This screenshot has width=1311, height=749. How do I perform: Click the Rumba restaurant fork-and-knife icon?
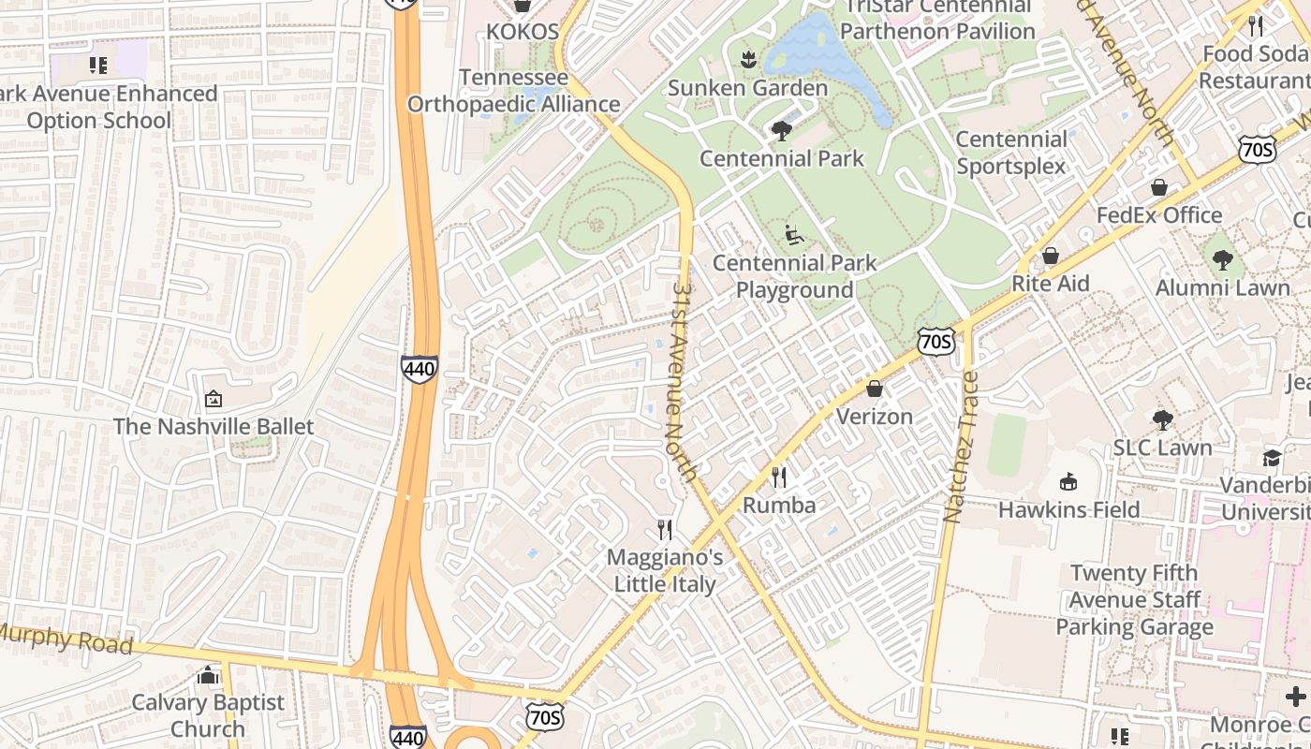(x=779, y=477)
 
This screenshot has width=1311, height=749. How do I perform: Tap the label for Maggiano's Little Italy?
(x=665, y=570)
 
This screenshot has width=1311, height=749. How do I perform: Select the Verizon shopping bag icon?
(x=875, y=388)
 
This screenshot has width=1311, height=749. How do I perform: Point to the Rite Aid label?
(x=1050, y=283)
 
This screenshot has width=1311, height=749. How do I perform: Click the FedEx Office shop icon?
(x=1159, y=187)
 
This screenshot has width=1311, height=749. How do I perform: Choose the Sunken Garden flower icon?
(x=747, y=61)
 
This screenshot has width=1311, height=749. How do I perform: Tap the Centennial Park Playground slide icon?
(x=793, y=235)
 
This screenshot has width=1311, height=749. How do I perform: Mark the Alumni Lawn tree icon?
(x=1222, y=259)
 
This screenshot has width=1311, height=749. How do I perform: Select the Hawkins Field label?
(x=1068, y=509)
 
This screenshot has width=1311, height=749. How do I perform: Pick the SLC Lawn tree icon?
(x=1162, y=419)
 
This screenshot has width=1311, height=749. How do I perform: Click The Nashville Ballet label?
(x=214, y=426)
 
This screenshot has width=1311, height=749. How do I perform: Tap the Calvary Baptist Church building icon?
(x=208, y=675)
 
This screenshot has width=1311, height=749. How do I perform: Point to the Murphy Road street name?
(x=66, y=640)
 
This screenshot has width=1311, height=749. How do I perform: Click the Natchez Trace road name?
(x=961, y=448)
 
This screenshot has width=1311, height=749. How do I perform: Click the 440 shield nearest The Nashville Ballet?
(x=419, y=369)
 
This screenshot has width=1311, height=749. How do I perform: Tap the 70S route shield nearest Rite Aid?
(x=936, y=342)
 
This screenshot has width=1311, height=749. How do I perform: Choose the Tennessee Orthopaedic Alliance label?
(x=513, y=90)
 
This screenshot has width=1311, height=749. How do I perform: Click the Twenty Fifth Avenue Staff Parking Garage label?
(x=1134, y=599)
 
